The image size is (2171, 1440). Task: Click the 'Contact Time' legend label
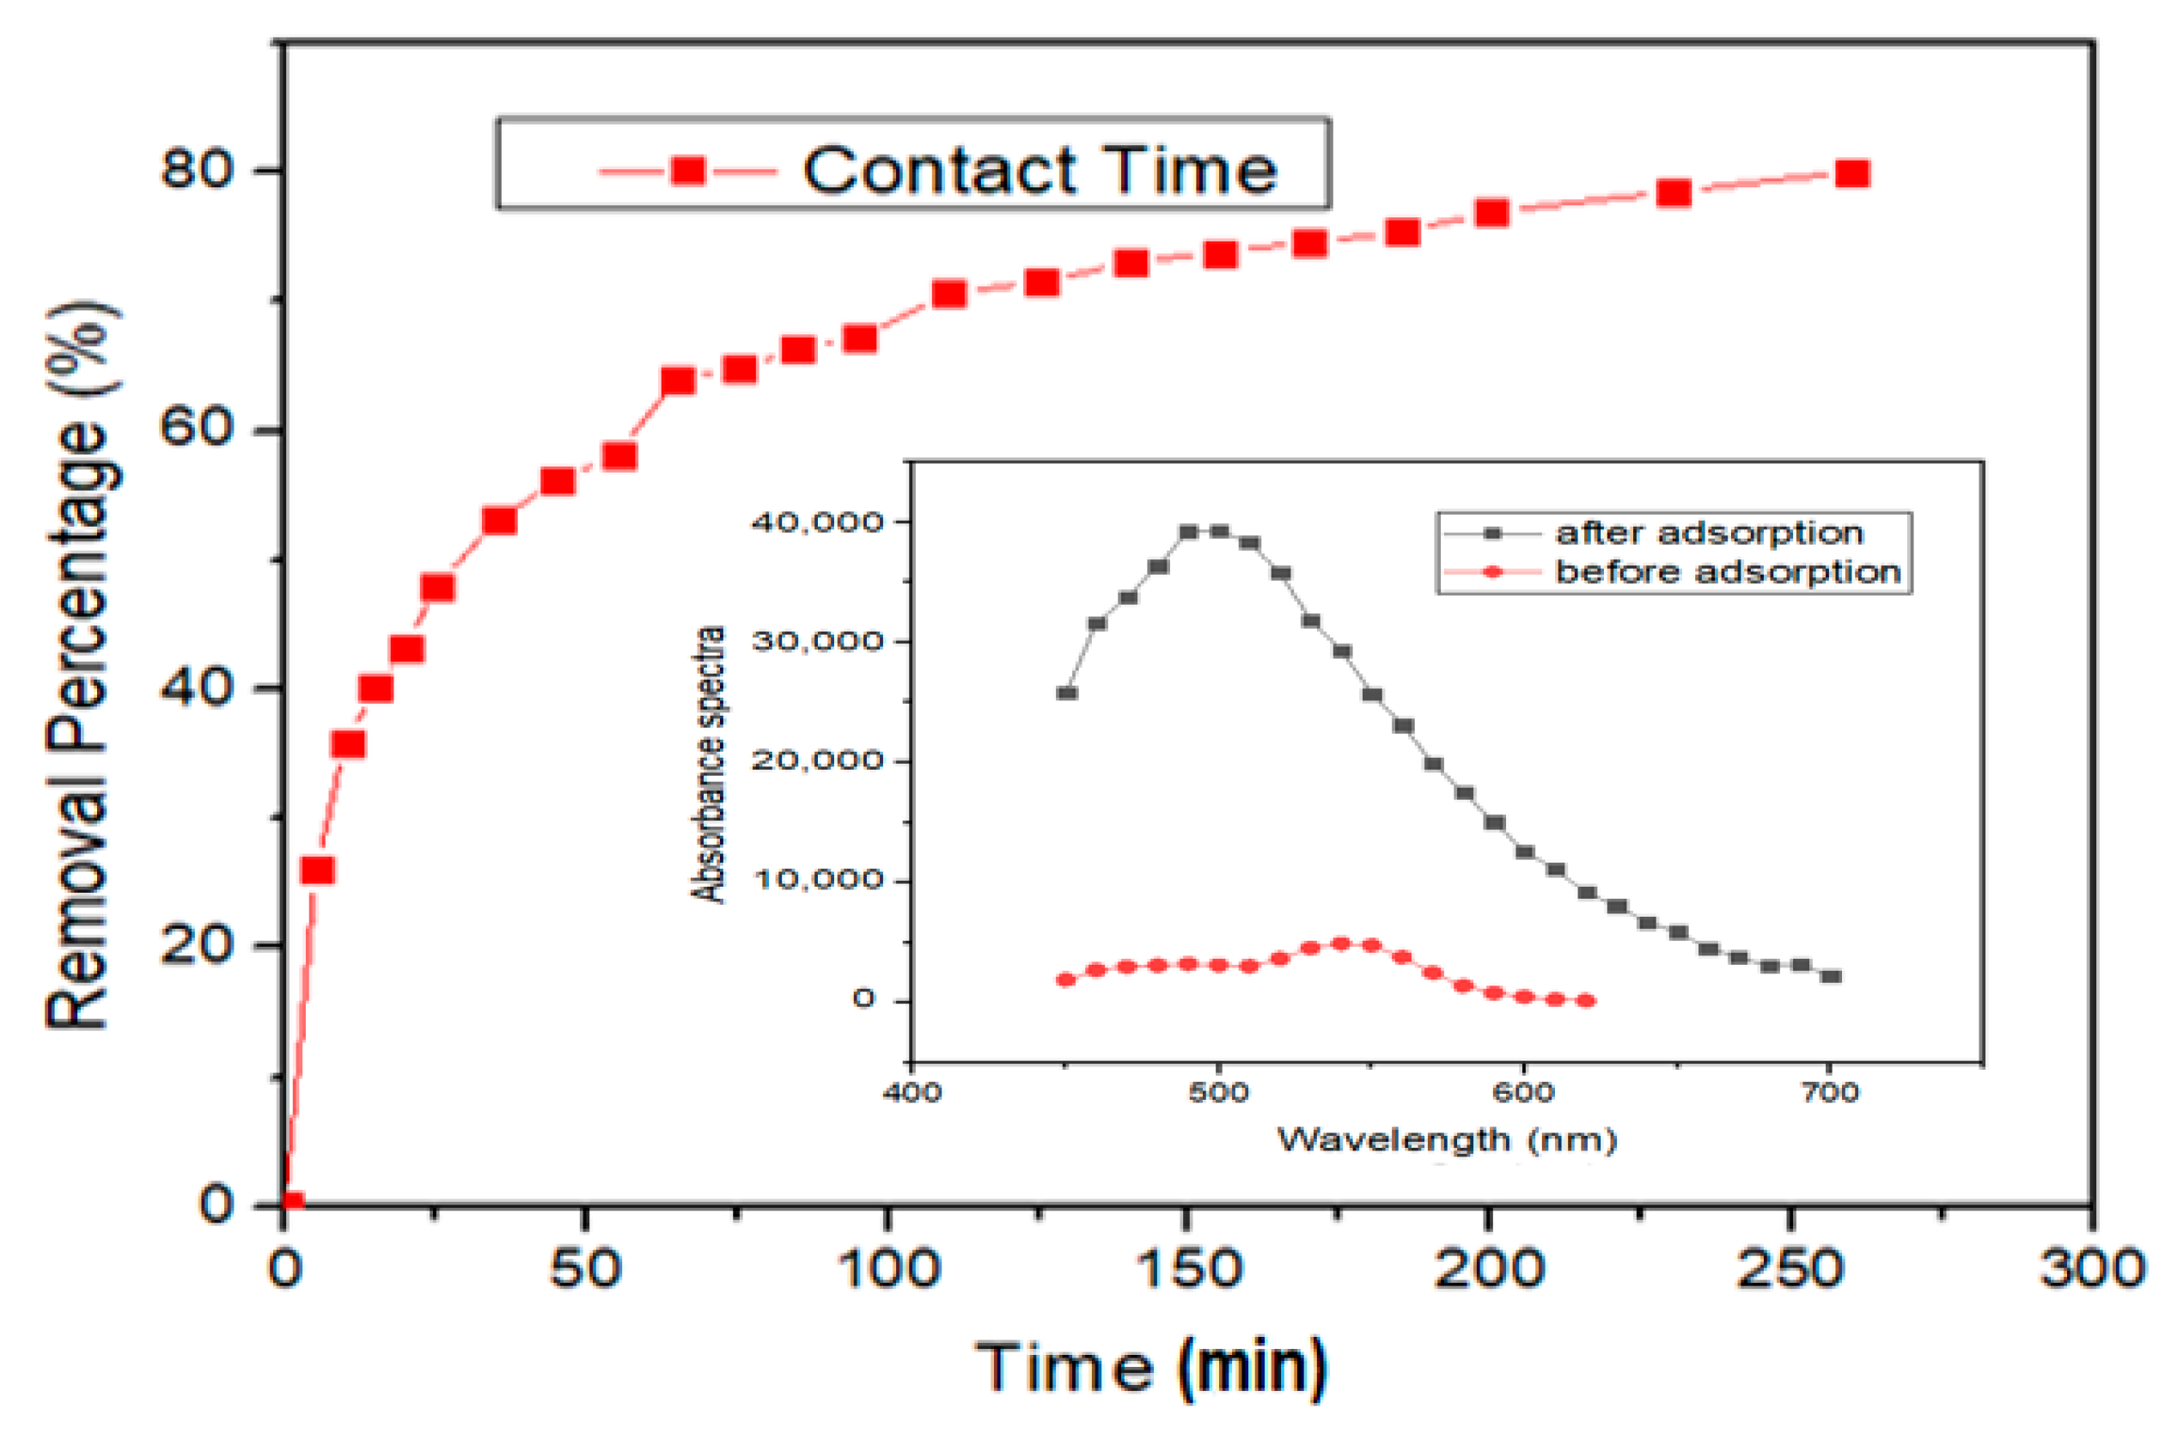(1040, 171)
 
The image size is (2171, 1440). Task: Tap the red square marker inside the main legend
(688, 170)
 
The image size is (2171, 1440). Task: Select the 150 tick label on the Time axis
(1189, 1270)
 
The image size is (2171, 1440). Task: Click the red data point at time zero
(292, 1202)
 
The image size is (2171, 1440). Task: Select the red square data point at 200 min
(1492, 213)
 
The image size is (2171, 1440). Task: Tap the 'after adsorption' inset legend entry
(1709, 533)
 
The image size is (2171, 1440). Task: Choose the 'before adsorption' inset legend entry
(1728, 572)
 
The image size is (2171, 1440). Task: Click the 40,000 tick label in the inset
(817, 522)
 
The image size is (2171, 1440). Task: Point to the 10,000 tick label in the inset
(817, 880)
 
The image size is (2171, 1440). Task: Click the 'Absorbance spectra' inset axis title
(708, 764)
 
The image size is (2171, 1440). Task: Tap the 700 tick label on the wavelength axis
(1829, 1093)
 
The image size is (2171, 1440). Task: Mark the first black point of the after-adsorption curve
(1066, 693)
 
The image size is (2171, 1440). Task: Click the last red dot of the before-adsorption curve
(1586, 1001)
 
